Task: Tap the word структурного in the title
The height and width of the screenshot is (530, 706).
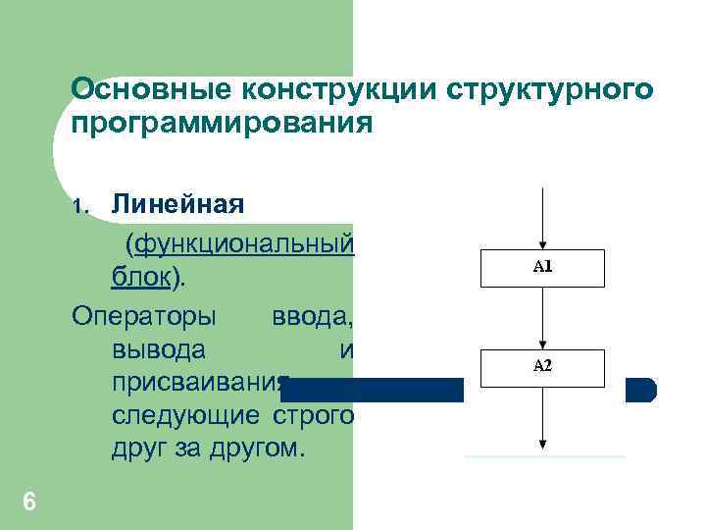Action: tap(550, 89)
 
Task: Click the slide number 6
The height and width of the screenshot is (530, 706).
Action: tap(28, 503)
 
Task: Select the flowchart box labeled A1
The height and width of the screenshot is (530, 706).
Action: tap(542, 267)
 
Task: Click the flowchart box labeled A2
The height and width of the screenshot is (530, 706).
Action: tap(542, 366)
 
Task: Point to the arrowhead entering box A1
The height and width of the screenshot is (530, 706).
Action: tap(542, 243)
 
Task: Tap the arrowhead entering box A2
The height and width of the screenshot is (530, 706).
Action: tap(542, 343)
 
